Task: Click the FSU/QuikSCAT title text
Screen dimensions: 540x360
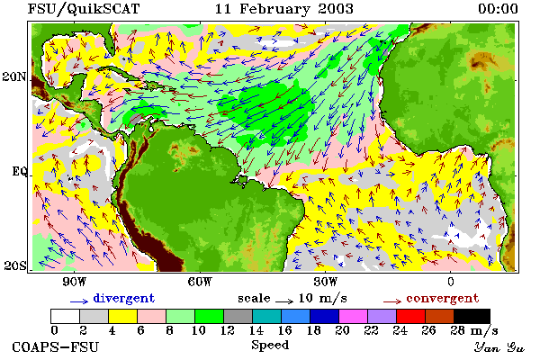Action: pyautogui.click(x=84, y=9)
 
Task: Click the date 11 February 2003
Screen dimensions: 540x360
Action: pyautogui.click(x=284, y=9)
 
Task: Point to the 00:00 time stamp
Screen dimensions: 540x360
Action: pyautogui.click(x=498, y=9)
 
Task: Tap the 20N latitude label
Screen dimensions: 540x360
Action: pyautogui.click(x=14, y=76)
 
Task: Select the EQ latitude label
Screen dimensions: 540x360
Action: pyautogui.click(x=19, y=171)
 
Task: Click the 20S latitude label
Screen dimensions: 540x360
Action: pyautogui.click(x=15, y=265)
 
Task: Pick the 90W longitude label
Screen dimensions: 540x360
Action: pyautogui.click(x=75, y=282)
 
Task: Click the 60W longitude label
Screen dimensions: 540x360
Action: pyautogui.click(x=200, y=282)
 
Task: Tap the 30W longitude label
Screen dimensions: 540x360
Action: pyautogui.click(x=326, y=282)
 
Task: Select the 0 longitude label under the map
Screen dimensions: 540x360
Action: pyautogui.click(x=451, y=282)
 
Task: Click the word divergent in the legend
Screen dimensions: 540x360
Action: pyautogui.click(x=124, y=298)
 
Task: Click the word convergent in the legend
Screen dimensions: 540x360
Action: pyautogui.click(x=443, y=298)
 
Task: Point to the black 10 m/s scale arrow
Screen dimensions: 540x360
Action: pyautogui.click(x=284, y=301)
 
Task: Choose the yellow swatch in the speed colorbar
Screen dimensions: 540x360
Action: pyautogui.click(x=123, y=316)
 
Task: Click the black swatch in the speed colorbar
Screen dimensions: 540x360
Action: pyautogui.click(x=472, y=316)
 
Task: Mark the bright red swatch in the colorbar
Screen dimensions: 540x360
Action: pyautogui.click(x=410, y=316)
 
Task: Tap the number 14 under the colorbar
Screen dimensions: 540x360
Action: pyautogui.click(x=256, y=330)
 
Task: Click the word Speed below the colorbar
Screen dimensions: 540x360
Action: pyautogui.click(x=270, y=346)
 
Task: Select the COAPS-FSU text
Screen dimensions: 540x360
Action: pyautogui.click(x=56, y=347)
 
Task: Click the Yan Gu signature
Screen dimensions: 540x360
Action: pyautogui.click(x=499, y=347)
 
